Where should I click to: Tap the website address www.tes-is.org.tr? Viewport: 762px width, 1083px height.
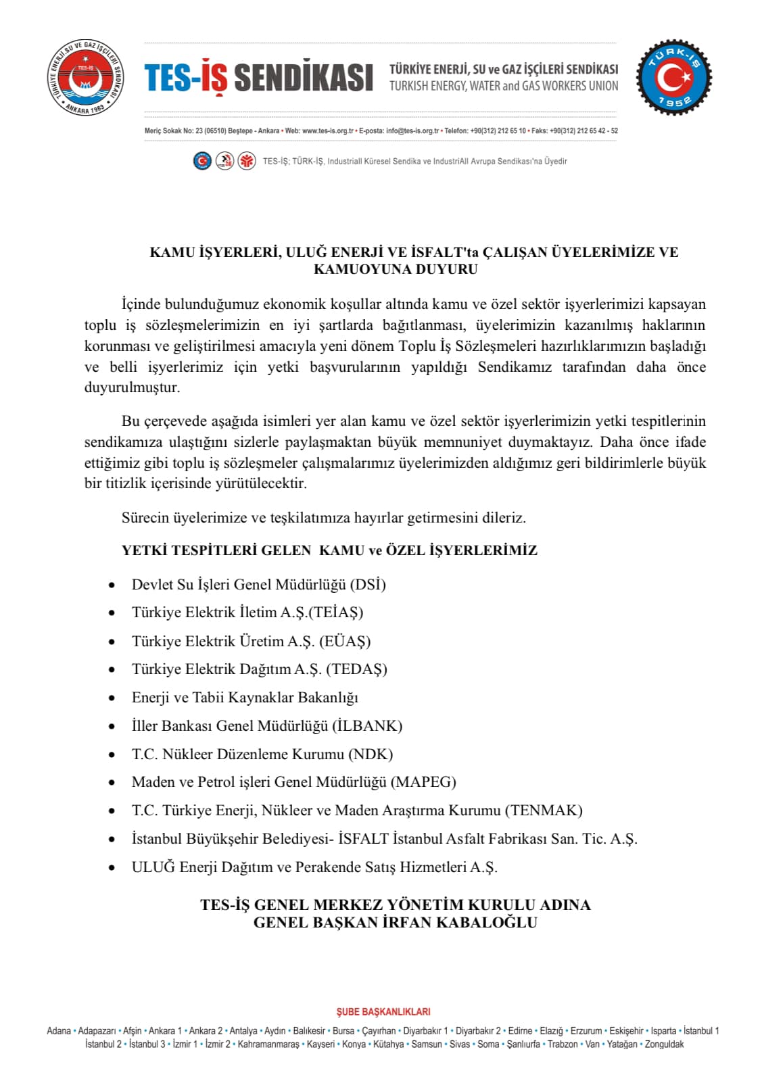(327, 130)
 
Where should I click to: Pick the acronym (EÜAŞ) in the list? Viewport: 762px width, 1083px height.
(345, 641)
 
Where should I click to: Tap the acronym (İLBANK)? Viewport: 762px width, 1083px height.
(367, 726)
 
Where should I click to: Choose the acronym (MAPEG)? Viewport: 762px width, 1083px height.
(424, 782)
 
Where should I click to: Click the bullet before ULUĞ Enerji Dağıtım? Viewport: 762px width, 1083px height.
(112, 867)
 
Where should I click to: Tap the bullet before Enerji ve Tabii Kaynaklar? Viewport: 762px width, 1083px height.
(112, 698)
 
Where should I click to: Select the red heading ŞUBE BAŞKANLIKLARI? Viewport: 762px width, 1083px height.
(383, 1012)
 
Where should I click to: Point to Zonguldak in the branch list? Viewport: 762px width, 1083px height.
(664, 1044)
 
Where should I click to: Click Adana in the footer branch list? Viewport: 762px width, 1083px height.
(59, 1031)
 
